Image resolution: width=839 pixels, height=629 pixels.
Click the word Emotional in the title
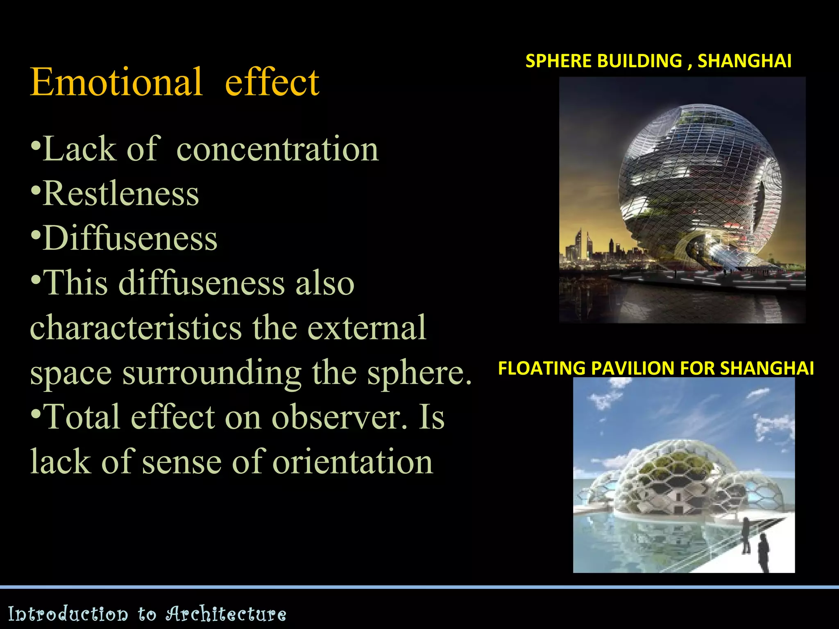tap(116, 82)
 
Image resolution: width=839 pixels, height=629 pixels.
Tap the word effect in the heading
tap(272, 82)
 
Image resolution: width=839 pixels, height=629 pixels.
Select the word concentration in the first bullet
tap(277, 149)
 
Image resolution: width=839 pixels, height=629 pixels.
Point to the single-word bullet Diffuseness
tap(130, 238)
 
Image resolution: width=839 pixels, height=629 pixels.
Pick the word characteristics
tap(136, 328)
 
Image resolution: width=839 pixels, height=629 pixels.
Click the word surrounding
tap(212, 373)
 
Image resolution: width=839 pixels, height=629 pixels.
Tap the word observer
tap(340, 418)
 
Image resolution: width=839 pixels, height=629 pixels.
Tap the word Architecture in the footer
tap(226, 614)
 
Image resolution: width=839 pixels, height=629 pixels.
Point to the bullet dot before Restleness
tap(36, 191)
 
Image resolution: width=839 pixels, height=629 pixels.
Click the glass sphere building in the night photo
tap(698, 184)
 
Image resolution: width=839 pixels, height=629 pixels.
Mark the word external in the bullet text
tap(367, 328)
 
